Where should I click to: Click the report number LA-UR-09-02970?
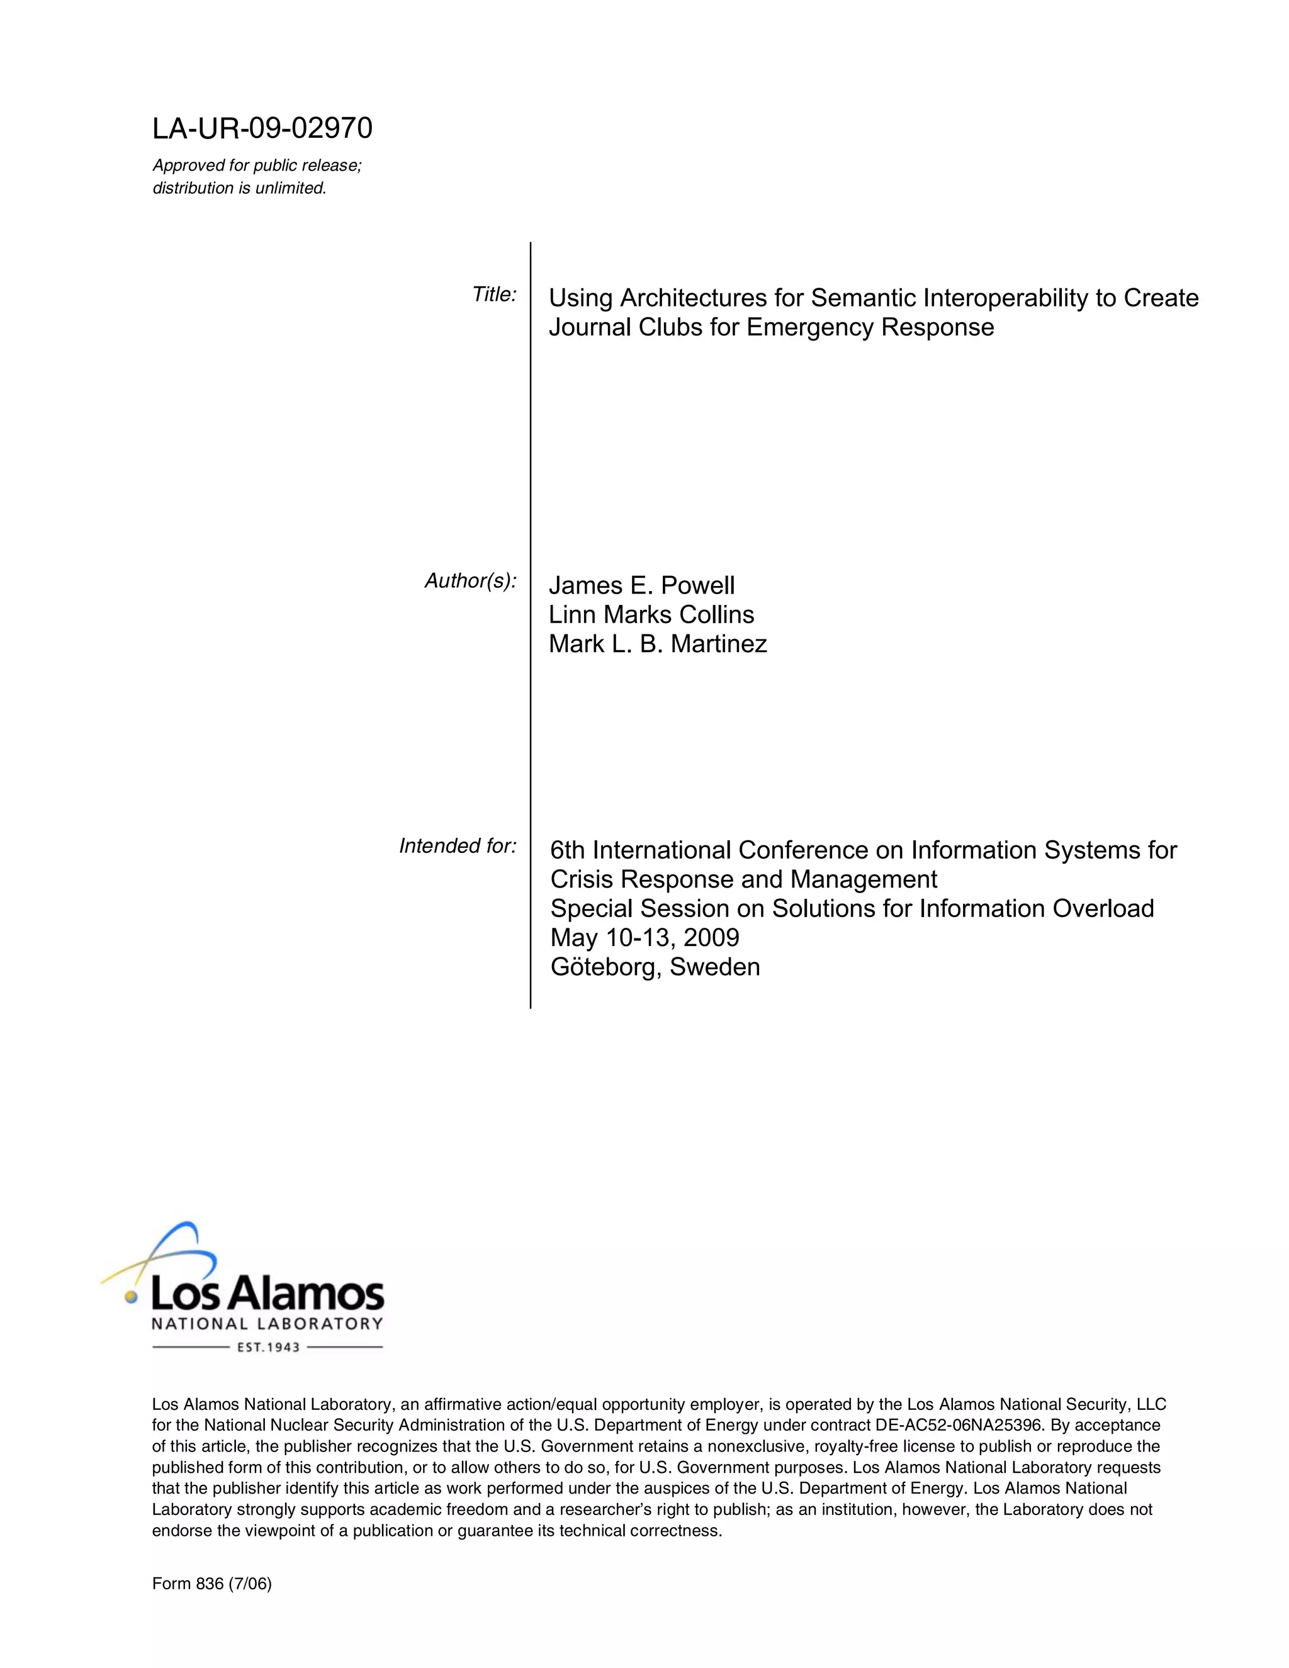(262, 128)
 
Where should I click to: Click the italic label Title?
(494, 295)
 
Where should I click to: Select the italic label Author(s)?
(470, 581)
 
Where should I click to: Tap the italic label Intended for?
(458, 846)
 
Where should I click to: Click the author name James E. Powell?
(641, 586)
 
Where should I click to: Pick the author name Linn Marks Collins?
(651, 615)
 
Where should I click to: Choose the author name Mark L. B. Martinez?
(658, 645)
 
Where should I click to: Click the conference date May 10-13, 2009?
(644, 938)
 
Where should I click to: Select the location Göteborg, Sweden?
(655, 967)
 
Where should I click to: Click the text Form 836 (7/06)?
(211, 1584)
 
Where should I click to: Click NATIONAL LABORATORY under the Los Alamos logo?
(267, 1324)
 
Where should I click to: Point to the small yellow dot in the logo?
(132, 1296)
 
